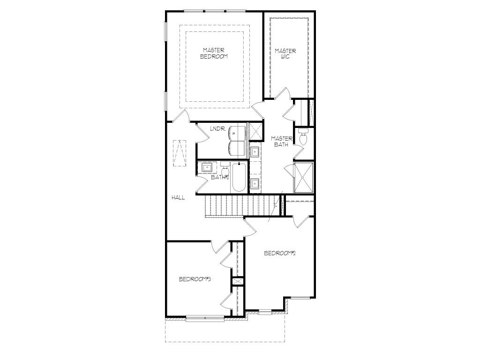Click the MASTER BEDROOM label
(214, 53)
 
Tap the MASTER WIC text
(285, 54)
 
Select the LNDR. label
(218, 129)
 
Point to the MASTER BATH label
(282, 142)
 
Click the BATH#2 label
(220, 177)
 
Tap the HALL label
(178, 198)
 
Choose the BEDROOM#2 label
(280, 253)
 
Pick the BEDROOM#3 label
(195, 279)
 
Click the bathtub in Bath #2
(238, 178)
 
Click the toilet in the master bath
(303, 137)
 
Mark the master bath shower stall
(304, 178)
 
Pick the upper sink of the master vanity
(255, 151)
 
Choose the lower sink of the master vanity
(255, 184)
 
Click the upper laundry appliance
(237, 133)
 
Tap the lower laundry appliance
(237, 148)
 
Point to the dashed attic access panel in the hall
(180, 153)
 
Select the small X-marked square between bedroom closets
(238, 282)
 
